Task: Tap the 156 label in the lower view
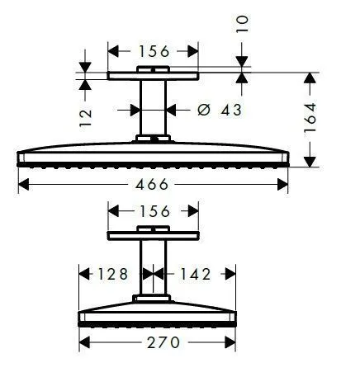click(154, 211)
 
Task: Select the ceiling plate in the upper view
click(154, 77)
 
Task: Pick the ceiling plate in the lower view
click(154, 238)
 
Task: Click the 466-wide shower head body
click(154, 155)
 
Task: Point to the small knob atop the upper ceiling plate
click(154, 69)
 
